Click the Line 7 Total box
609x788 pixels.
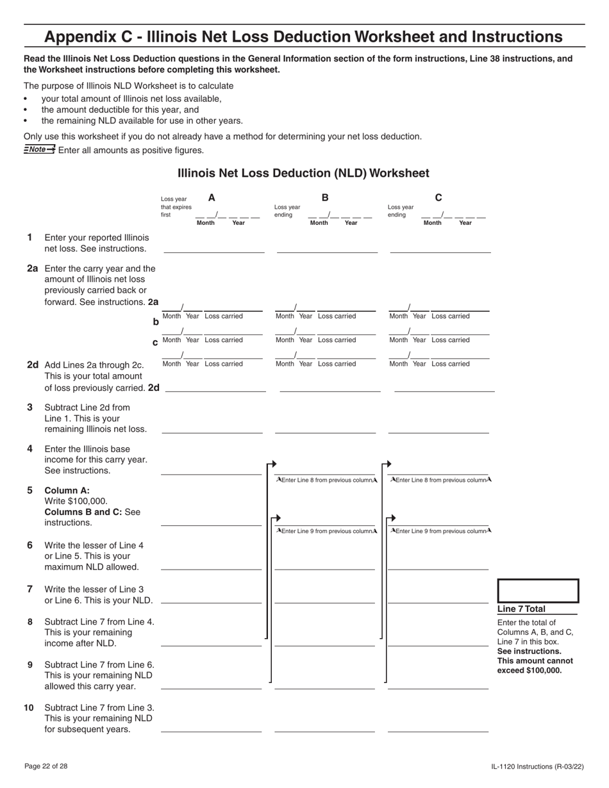click(538, 591)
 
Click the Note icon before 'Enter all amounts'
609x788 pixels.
click(39, 149)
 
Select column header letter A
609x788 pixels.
click(212, 198)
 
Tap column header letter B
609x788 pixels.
click(325, 198)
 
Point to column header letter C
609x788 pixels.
click(438, 198)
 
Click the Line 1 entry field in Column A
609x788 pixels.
click(214, 247)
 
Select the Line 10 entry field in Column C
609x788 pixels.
click(438, 726)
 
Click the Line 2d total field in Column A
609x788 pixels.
click(216, 386)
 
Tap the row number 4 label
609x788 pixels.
click(29, 448)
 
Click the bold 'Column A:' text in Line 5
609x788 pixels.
click(63, 490)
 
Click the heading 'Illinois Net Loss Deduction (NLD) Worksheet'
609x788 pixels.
click(303, 173)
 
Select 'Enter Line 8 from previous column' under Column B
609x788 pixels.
click(326, 480)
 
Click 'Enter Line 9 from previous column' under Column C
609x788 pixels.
click(440, 530)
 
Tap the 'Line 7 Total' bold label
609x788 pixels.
click(521, 609)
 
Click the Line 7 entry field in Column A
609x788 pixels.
click(211, 597)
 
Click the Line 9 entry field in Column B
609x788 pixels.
click(324, 683)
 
